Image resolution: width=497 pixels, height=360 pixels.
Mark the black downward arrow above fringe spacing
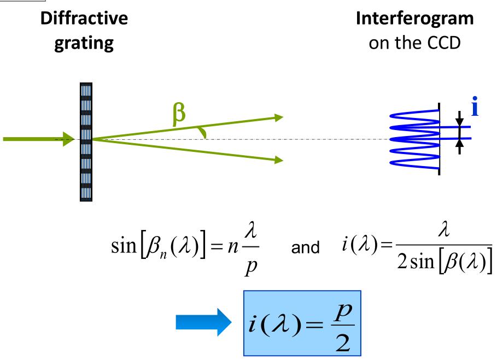(459, 117)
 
